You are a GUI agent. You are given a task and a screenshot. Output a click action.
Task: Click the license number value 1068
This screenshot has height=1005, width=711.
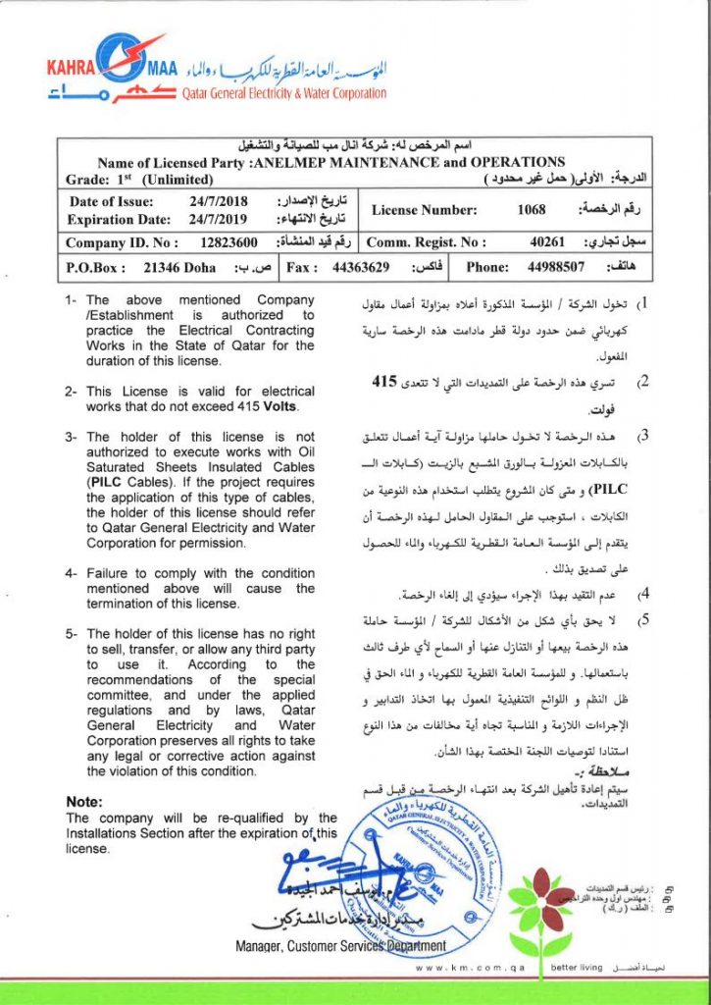pyautogui.click(x=532, y=209)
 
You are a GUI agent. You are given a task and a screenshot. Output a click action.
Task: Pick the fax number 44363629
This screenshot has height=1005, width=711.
pyautogui.click(x=362, y=266)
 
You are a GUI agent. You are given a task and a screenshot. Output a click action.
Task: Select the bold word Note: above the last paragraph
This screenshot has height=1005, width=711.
pyautogui.click(x=84, y=802)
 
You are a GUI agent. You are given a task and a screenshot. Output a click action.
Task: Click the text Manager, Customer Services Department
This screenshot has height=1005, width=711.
pyautogui.click(x=340, y=946)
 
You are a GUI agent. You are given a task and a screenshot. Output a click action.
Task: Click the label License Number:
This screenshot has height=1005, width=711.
pyautogui.click(x=425, y=209)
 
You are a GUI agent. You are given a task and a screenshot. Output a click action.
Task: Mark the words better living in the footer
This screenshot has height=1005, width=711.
pyautogui.click(x=577, y=968)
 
